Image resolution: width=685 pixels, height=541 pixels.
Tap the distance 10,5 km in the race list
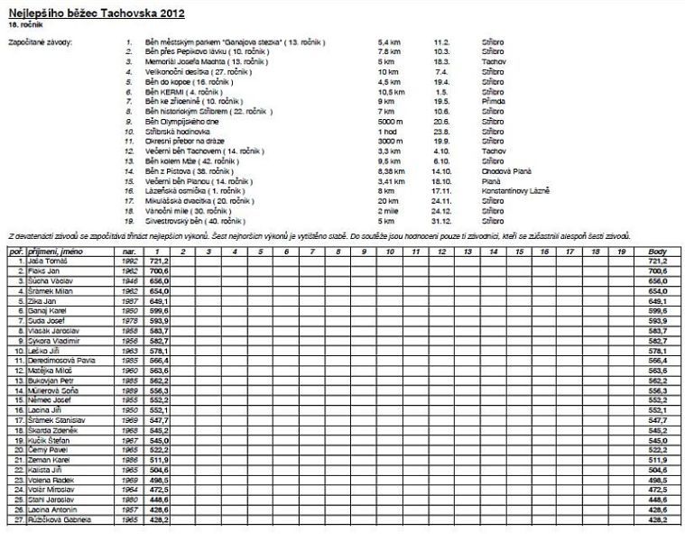[390, 92]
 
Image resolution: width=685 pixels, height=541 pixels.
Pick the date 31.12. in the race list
[442, 220]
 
